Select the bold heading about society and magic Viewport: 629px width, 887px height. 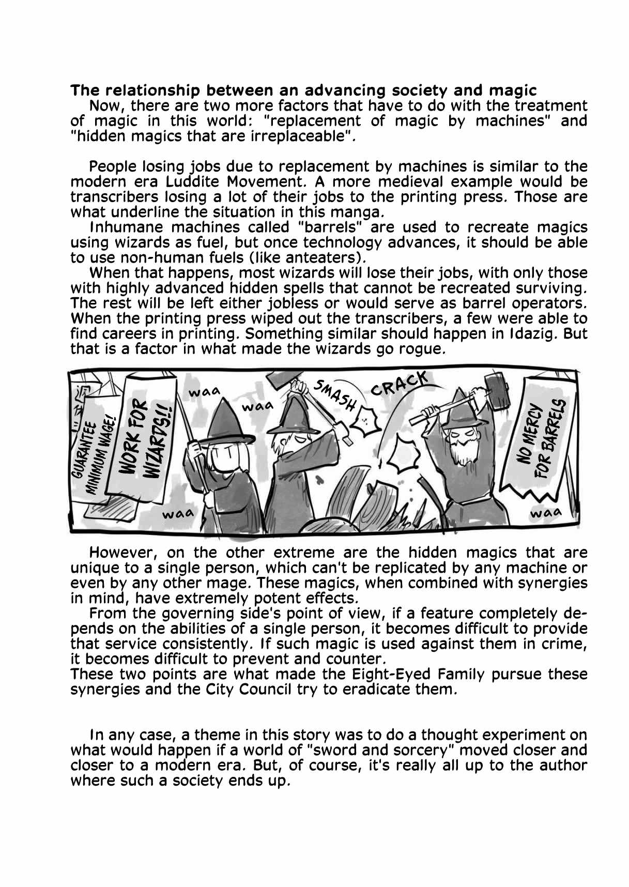tap(303, 90)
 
